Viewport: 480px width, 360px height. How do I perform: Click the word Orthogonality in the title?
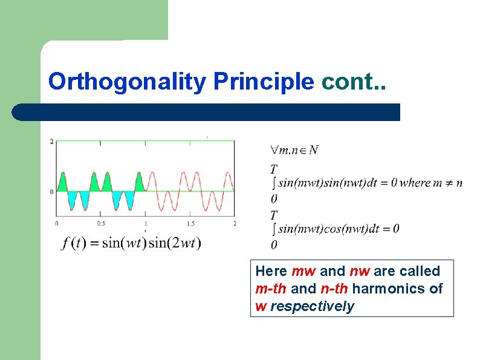[128, 81]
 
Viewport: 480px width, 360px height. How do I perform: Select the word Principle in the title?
[263, 81]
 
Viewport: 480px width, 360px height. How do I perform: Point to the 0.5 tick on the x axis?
[100, 223]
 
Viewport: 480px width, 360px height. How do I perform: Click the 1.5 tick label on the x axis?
[190, 223]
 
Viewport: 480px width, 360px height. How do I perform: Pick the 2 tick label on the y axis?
[53, 142]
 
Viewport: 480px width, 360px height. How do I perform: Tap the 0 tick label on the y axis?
[53, 191]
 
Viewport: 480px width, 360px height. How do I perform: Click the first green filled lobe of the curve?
[63, 183]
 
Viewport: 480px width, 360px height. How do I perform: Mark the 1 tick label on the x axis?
[145, 223]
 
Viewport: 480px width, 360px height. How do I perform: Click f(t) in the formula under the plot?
[73, 243]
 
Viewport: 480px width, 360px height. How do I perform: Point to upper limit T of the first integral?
[274, 168]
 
